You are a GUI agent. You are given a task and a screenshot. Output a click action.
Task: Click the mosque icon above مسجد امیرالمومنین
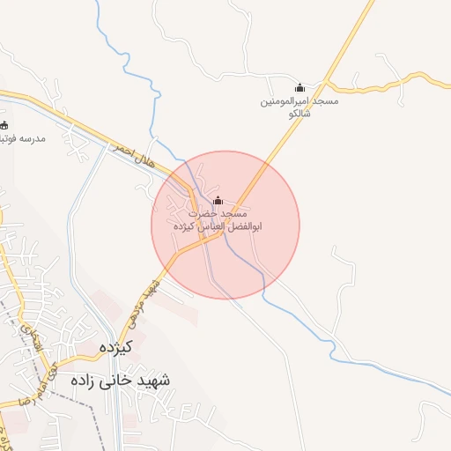pos(299,87)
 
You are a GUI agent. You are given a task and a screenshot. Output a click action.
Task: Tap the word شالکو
pos(299,115)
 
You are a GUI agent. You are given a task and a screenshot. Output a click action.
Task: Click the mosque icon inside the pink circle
pos(218,201)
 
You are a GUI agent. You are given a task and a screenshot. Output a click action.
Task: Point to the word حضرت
pos(203,214)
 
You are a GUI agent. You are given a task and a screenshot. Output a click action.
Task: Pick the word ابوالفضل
pos(247,227)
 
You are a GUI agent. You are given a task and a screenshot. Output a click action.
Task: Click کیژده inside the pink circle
pos(187,227)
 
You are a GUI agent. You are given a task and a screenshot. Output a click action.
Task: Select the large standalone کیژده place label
pos(115,346)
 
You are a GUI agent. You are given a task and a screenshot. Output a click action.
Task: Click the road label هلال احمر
pos(130,157)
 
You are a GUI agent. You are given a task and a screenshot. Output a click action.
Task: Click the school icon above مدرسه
pos(4,125)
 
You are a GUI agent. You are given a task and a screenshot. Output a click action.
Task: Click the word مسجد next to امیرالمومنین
pos(322,101)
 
